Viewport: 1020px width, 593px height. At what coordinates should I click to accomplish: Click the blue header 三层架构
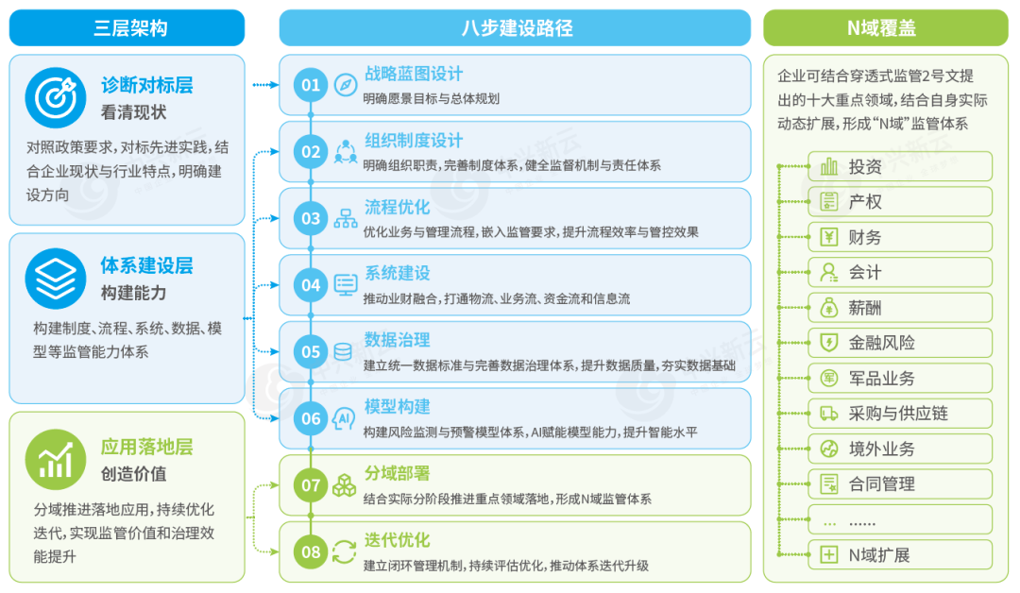coord(127,28)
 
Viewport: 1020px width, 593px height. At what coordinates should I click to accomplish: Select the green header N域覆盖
coord(885,28)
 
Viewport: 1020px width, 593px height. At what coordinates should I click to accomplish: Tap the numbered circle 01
coord(311,85)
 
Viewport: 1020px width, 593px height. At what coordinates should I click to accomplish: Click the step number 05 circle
coord(311,352)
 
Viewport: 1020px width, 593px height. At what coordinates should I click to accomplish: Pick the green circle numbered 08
coord(311,552)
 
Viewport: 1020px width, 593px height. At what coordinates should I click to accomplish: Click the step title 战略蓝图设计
coord(413,74)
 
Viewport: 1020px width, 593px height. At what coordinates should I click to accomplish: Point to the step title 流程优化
coord(397,208)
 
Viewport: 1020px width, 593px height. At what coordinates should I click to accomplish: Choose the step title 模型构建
coord(397,407)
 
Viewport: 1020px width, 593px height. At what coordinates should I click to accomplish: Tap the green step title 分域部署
coord(397,473)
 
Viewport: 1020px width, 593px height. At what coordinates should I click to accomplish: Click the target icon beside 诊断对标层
coord(56,97)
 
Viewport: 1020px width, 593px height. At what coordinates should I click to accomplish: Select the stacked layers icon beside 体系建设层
coord(56,279)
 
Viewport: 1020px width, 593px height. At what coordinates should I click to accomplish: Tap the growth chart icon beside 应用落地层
coord(56,459)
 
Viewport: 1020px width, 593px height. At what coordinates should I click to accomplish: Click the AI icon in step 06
coord(344,418)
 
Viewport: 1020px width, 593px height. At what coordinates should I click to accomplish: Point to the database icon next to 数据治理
coord(343,352)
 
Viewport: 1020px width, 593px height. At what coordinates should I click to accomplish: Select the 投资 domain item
coord(900,166)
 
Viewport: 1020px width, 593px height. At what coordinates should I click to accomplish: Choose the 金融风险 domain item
coord(900,343)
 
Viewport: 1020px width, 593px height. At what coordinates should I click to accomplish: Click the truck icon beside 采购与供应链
coord(829,414)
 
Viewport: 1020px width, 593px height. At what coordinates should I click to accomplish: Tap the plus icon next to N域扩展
coord(829,554)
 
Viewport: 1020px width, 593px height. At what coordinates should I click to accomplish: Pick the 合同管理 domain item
coord(900,483)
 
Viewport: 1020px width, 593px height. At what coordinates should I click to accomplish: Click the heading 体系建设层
coord(147,266)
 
